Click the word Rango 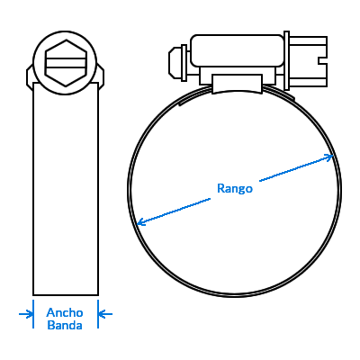235,189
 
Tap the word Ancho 65,312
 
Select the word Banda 65,325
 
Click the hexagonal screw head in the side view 66,63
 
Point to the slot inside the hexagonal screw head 66,63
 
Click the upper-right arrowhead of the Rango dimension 329,157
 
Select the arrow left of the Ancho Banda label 26,314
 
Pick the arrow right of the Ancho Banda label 105,314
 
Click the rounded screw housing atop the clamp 238,50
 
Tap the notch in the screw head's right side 322,60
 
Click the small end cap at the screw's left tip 175,63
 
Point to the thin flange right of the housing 286,60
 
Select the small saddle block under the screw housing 238,84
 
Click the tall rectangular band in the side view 66,189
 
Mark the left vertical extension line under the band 33,314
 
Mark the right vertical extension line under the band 98,314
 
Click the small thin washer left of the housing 184,63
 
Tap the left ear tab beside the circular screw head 30,76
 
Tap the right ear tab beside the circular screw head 102,76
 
